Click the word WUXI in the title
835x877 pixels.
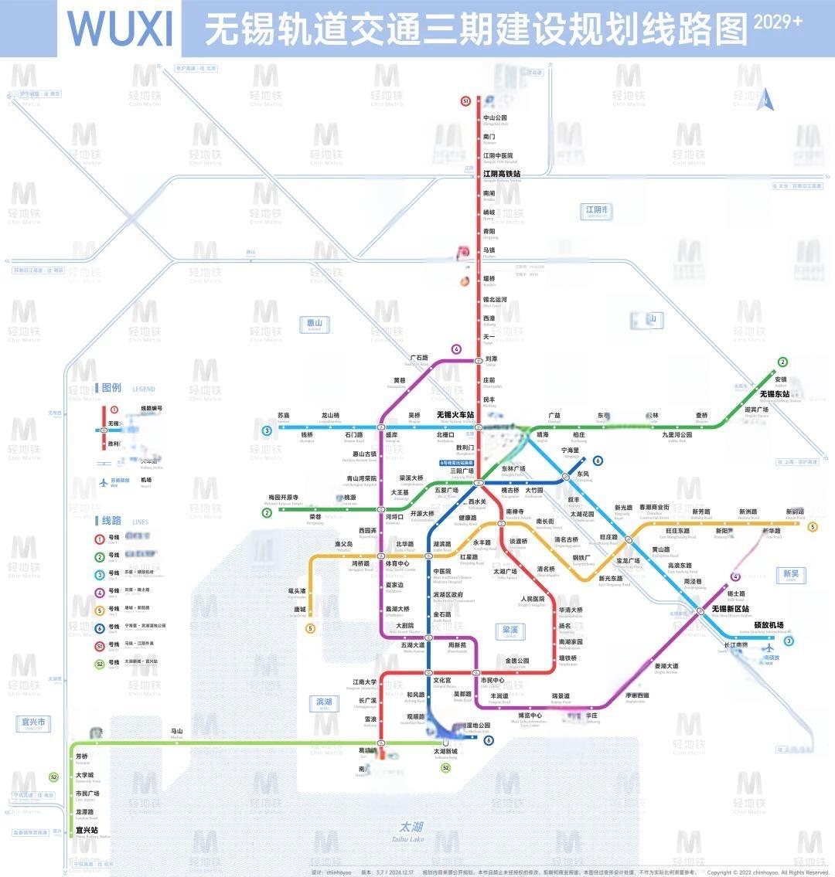point(120,29)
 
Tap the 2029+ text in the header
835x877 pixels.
point(778,22)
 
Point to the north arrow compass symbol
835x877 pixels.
point(765,99)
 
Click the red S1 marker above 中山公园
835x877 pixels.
point(465,100)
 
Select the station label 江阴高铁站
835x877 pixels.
point(502,174)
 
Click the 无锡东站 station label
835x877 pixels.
point(774,394)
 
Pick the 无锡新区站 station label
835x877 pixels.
point(730,609)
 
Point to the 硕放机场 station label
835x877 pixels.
point(769,625)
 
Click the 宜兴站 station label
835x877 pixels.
point(87,831)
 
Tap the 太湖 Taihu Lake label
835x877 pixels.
point(407,828)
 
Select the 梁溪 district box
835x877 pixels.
point(510,631)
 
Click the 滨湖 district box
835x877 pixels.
point(324,702)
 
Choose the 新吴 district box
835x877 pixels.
point(791,574)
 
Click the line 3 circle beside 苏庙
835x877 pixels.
point(267,430)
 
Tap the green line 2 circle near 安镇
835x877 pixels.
point(782,362)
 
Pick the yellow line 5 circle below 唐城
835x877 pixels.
point(311,628)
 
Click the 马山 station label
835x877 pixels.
point(177,731)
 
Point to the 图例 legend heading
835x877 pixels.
point(111,388)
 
